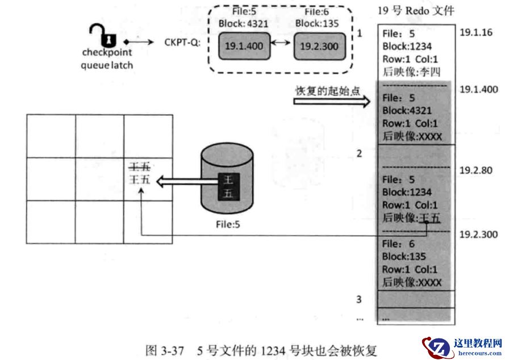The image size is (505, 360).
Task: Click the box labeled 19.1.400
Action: click(x=244, y=46)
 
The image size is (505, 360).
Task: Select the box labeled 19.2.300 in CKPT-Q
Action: click(x=319, y=46)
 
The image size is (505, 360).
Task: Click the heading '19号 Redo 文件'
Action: click(x=416, y=10)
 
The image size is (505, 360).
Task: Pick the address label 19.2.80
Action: click(x=473, y=169)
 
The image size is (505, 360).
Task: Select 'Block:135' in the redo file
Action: click(x=404, y=257)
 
